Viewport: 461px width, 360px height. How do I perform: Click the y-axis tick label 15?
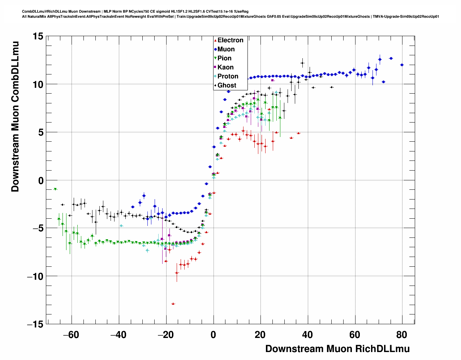coord(38,36)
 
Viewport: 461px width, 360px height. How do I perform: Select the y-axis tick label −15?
coord(35,324)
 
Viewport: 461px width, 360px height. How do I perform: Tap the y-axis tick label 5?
coord(40,132)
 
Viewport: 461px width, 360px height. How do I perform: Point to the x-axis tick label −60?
coord(71,335)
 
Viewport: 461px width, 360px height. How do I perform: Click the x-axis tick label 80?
coord(402,335)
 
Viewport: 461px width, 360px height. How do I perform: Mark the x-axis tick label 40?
coord(307,335)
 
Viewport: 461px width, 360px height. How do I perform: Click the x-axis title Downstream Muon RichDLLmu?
coord(337,349)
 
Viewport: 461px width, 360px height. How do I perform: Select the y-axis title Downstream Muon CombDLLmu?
coord(15,116)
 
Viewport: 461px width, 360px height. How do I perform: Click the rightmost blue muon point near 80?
coord(402,65)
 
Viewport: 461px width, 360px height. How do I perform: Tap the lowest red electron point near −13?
coord(173,304)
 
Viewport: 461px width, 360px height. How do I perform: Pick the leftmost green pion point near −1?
coord(55,189)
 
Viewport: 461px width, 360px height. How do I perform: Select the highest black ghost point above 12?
coord(302,63)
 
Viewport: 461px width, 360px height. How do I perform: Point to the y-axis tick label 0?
coord(40,180)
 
